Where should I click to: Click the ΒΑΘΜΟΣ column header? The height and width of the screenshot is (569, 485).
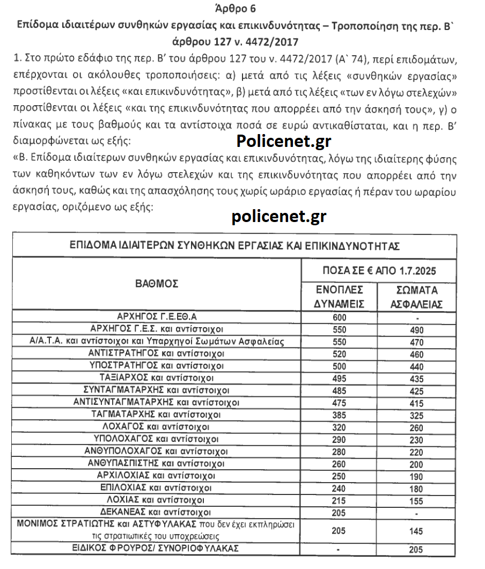[x=157, y=284]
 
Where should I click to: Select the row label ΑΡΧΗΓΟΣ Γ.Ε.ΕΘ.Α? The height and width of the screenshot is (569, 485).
[x=157, y=316]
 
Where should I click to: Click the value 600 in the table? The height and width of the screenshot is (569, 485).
[x=340, y=317]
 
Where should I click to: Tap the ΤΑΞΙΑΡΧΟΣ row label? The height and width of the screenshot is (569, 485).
[x=156, y=378]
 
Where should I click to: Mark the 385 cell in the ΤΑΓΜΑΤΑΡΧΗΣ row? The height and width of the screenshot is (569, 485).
[x=340, y=415]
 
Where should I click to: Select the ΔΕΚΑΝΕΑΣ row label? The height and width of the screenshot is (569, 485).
[x=156, y=512]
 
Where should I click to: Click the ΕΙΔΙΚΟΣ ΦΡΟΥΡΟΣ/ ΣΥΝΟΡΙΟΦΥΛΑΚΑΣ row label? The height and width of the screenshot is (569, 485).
[x=156, y=549]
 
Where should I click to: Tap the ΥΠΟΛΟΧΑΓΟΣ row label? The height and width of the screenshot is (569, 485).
[x=156, y=439]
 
